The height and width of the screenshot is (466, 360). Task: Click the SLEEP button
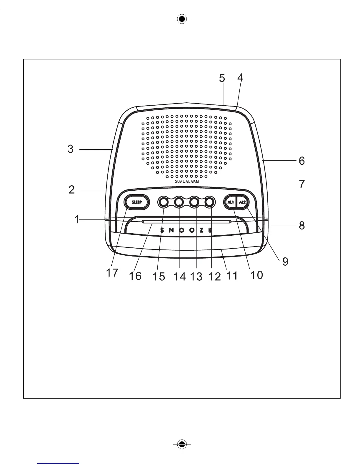pyautogui.click(x=137, y=202)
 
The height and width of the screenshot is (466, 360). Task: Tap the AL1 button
pyautogui.click(x=231, y=202)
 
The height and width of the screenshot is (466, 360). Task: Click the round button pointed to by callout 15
pyautogui.click(x=164, y=202)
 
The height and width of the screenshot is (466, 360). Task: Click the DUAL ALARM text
pyautogui.click(x=186, y=182)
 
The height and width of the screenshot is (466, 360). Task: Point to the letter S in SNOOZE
pyautogui.click(x=162, y=230)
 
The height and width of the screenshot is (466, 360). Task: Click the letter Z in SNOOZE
pyautogui.click(x=201, y=230)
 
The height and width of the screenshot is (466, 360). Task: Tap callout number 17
pyautogui.click(x=112, y=273)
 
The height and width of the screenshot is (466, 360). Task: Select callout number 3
pyautogui.click(x=71, y=149)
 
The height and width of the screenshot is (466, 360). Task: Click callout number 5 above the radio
pyautogui.click(x=222, y=78)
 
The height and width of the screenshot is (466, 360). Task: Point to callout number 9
pyautogui.click(x=285, y=262)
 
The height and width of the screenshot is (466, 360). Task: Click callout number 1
pyautogui.click(x=77, y=219)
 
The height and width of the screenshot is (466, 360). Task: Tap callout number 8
pyautogui.click(x=302, y=226)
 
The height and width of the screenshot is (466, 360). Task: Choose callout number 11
pyautogui.click(x=232, y=276)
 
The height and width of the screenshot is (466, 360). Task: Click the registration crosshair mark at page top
pyautogui.click(x=182, y=19)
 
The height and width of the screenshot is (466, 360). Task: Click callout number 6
pyautogui.click(x=302, y=161)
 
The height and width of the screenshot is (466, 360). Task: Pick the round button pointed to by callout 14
pyautogui.click(x=179, y=202)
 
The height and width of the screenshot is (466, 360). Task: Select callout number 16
pyautogui.click(x=135, y=276)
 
